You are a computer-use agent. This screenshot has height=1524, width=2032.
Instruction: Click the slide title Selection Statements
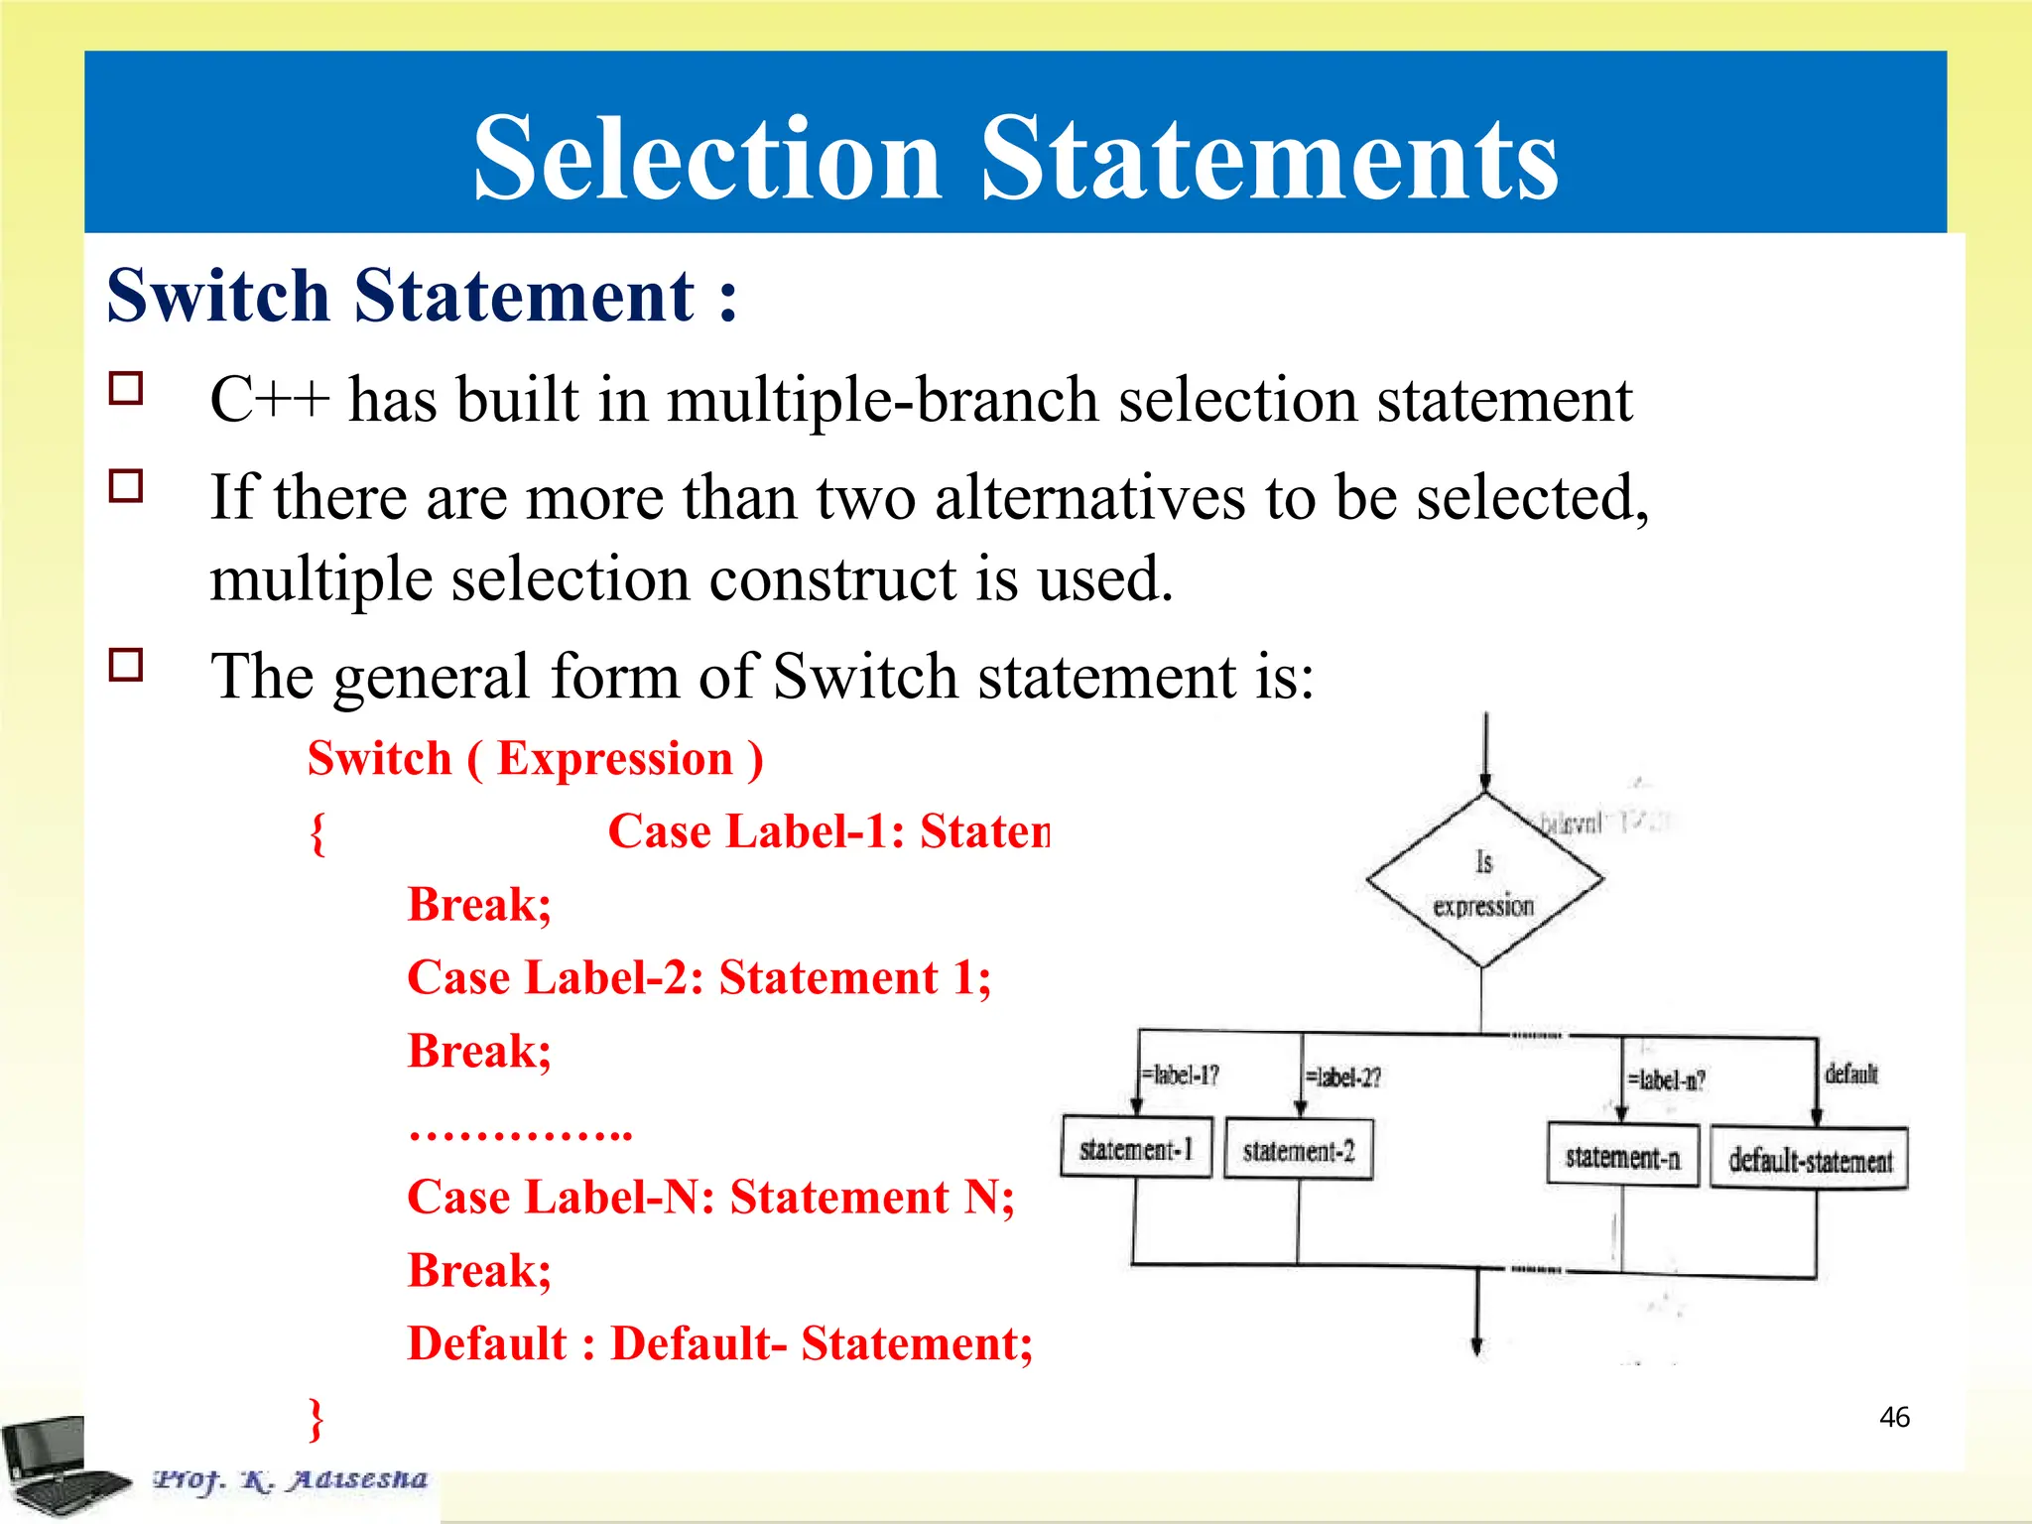click(1015, 159)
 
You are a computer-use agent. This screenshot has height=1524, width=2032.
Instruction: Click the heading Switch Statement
click(422, 296)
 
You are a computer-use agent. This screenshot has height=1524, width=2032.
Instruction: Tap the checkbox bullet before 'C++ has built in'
click(126, 388)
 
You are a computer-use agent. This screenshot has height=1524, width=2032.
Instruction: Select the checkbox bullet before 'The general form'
click(126, 665)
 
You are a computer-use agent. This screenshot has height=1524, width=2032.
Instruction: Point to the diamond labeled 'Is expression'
click(1483, 881)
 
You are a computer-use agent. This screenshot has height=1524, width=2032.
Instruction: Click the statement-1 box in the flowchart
click(1136, 1148)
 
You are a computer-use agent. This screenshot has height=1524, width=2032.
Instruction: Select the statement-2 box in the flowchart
click(1299, 1150)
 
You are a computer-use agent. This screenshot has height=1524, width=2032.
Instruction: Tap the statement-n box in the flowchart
click(1623, 1156)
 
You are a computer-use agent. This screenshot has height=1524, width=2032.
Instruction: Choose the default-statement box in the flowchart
click(1810, 1159)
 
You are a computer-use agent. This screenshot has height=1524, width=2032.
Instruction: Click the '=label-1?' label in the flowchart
click(1180, 1076)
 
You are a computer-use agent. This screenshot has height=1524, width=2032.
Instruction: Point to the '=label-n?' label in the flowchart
click(1667, 1079)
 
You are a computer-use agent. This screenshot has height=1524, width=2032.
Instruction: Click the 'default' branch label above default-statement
click(1851, 1074)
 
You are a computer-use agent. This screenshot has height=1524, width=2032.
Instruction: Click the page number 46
click(1894, 1417)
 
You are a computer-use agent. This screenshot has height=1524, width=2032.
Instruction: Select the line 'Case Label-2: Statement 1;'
click(699, 978)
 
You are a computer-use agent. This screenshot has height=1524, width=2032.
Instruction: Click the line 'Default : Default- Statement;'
click(720, 1344)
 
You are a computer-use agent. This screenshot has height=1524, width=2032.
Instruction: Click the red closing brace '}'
click(317, 1419)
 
